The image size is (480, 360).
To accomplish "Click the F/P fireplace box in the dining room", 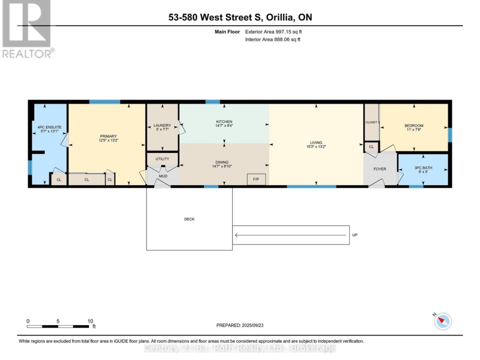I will pos(256,179).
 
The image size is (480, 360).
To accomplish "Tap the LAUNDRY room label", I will pos(162,126).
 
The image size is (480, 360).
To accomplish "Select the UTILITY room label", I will pos(162,159).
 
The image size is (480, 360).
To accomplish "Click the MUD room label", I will pos(163,176).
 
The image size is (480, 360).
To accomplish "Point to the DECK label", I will pos(189,219).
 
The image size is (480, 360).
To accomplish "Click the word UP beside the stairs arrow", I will pos(354,235).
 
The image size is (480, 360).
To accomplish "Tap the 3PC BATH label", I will pos(423,168).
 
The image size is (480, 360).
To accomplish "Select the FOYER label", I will pos(380,169).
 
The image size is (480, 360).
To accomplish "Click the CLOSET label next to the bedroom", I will pos(371,122).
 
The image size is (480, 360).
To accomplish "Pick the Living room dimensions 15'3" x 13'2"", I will pos(316,147).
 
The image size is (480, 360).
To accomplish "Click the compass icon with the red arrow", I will pos(442,320).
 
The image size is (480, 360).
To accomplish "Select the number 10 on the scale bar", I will pos(91,321).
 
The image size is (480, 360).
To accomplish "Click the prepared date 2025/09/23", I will pos(252,325).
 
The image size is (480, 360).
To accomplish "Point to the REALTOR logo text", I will pos(27,53).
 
